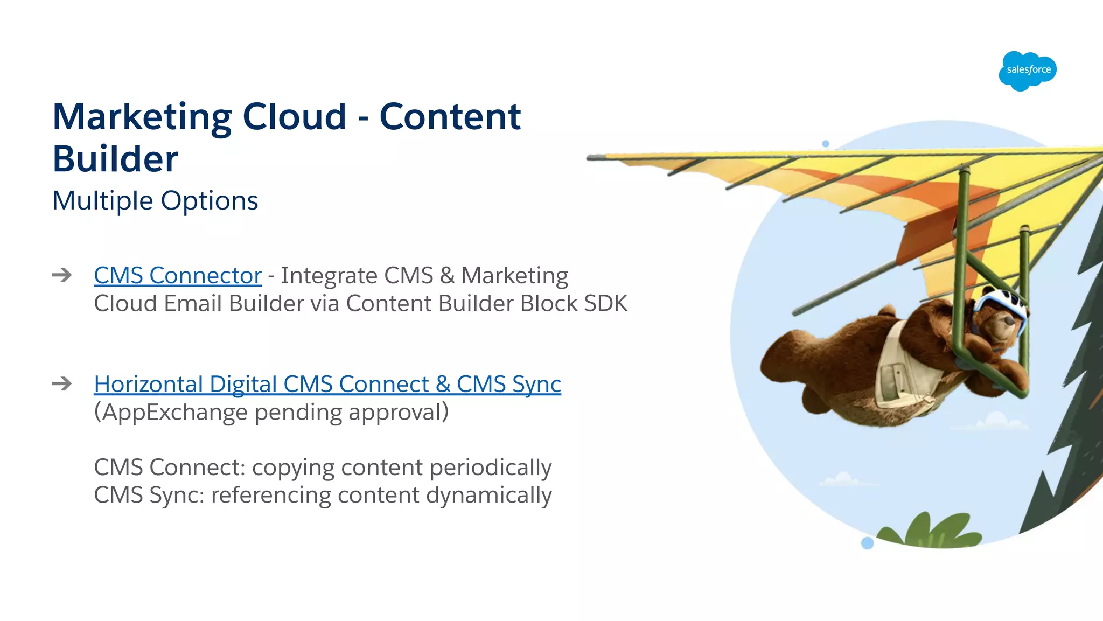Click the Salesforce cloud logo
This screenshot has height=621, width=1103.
[x=1028, y=71]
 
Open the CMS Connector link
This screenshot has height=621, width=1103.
[x=178, y=275]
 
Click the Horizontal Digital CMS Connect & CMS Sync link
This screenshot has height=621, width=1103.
[x=327, y=384]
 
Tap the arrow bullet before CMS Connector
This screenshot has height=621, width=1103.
[x=62, y=275]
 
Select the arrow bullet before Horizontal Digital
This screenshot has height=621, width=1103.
[x=62, y=384]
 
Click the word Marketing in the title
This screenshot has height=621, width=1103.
[x=142, y=117]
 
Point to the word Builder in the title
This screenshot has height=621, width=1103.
[x=115, y=159]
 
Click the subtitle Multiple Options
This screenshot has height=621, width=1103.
[x=155, y=200]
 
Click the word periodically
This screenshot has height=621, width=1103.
[x=491, y=468]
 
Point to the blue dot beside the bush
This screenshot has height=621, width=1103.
[x=867, y=543]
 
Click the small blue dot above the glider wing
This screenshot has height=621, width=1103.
[x=826, y=144]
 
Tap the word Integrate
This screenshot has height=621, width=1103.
[x=330, y=275]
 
